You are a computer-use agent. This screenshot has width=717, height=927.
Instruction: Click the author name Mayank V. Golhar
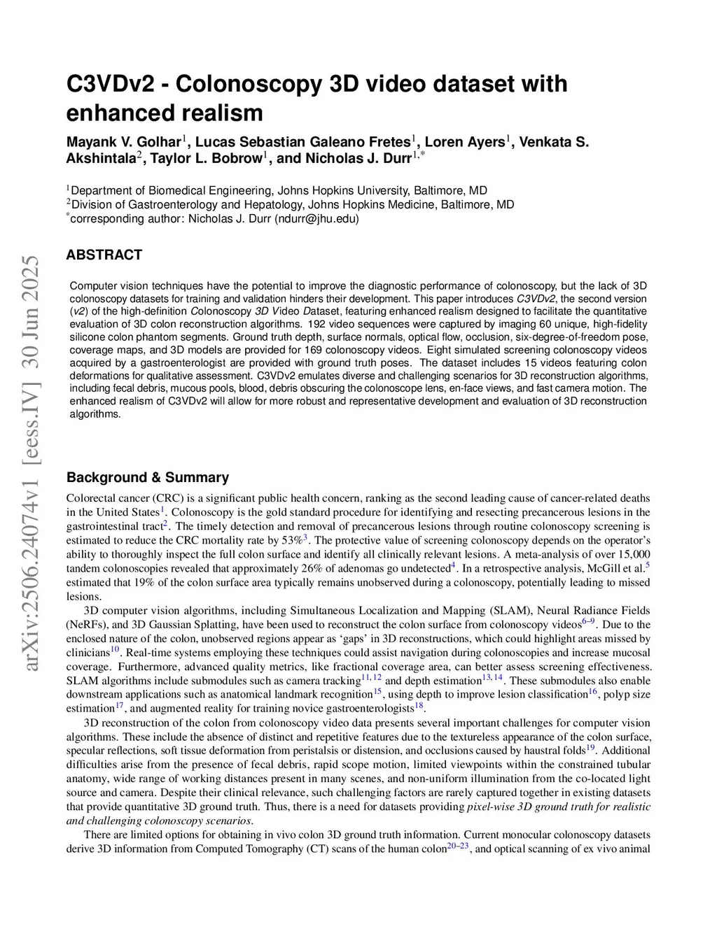click(x=123, y=142)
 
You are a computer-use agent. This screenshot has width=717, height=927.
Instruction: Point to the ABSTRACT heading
click(x=104, y=255)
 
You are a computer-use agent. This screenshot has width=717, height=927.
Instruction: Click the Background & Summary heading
click(x=147, y=477)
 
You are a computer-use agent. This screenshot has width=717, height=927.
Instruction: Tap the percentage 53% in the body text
click(x=292, y=540)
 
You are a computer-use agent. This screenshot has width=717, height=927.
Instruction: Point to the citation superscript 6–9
click(x=588, y=621)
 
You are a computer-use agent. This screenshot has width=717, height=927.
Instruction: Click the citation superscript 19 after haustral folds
click(x=590, y=748)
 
